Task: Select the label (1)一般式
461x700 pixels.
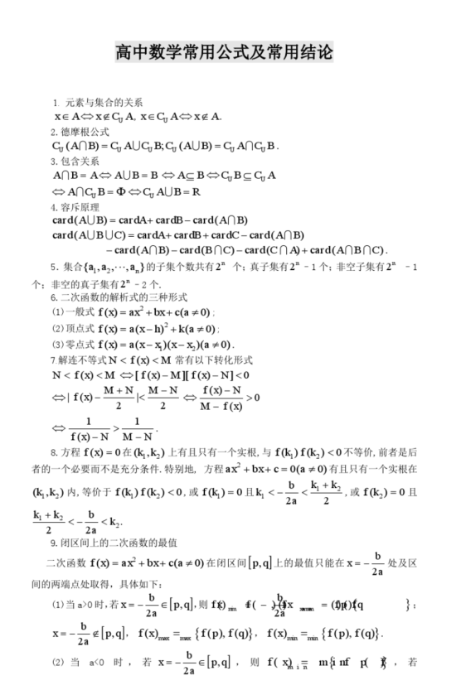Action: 74,312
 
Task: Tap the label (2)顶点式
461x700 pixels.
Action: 74,328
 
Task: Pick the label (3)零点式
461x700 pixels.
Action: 74,344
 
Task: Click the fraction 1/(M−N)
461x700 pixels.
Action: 138,428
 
